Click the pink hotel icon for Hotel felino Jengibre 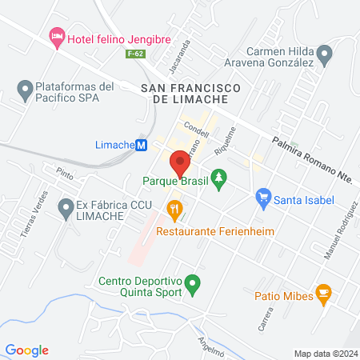tap(57, 36)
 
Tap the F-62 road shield tap(135, 54)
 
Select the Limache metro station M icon tap(142, 145)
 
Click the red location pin tap(180, 162)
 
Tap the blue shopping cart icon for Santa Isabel tap(262, 197)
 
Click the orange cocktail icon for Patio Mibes tap(323, 294)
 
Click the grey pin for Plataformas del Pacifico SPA tap(24, 88)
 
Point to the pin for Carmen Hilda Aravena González tap(324, 54)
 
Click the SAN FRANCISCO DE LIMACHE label tap(184, 91)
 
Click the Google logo tap(27, 350)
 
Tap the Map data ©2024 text tap(325, 354)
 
